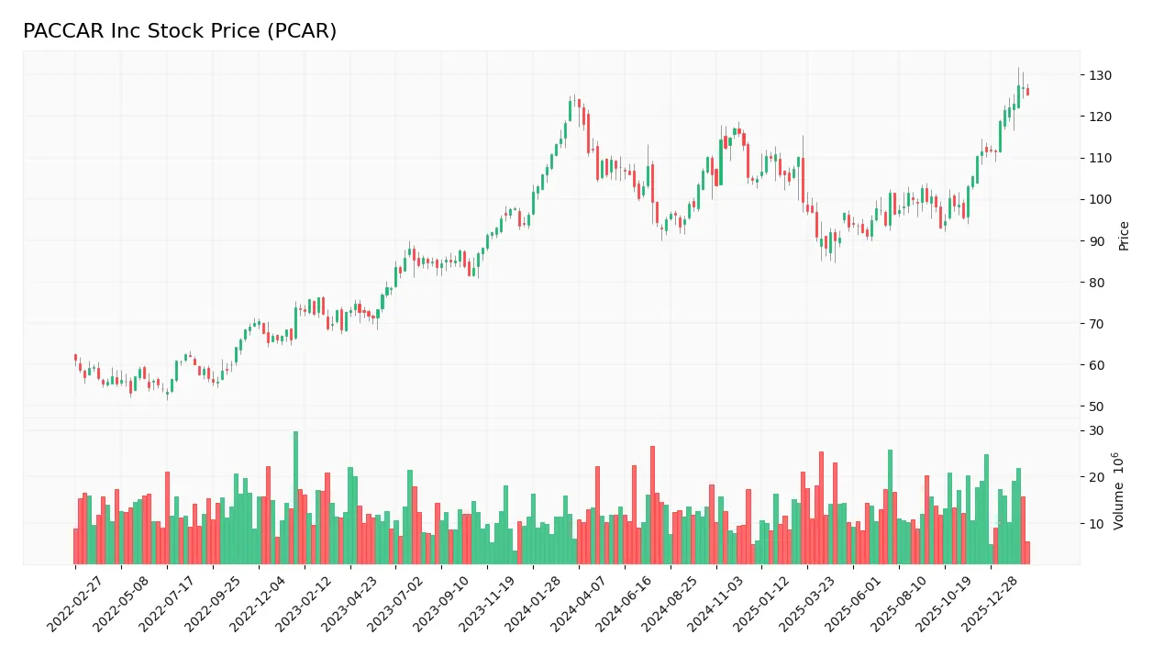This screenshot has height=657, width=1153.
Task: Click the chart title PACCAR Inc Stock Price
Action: pos(180,31)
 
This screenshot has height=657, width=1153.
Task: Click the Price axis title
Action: pos(1124,236)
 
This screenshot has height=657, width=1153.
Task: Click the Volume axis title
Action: pos(1118,490)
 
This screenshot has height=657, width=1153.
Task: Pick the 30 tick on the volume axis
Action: pos(1096,431)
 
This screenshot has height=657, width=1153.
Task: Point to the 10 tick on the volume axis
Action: pos(1096,524)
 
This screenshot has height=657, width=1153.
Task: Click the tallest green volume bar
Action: pos(295,497)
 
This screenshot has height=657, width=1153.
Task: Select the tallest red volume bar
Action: pos(652,505)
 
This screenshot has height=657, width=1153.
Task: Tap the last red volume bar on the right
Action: pos(1027,552)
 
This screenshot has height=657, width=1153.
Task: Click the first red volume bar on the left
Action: pos(76,546)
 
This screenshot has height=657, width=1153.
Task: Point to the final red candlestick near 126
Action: pos(1027,91)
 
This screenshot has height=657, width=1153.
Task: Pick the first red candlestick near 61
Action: pos(76,358)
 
